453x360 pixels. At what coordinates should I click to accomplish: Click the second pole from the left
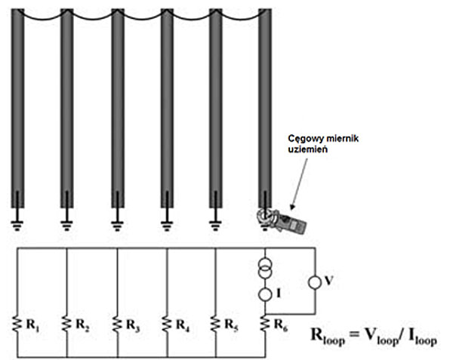click(x=66, y=106)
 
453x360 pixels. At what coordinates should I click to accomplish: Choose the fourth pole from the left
click(x=167, y=106)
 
